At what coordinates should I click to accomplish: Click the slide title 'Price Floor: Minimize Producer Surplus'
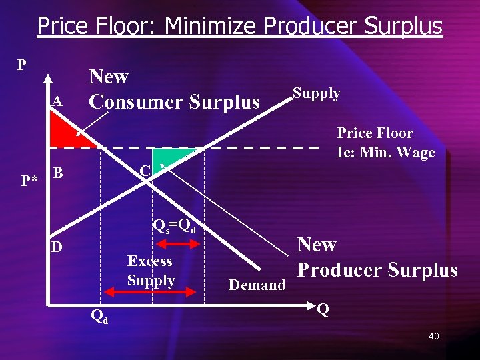pos(240,26)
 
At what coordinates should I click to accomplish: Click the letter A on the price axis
pos(58,102)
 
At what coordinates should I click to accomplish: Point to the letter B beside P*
pos(58,173)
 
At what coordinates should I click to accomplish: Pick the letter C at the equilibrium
pos(145,171)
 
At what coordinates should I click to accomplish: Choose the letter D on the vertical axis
pos(57,247)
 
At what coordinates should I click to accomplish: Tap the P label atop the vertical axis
pos(22,65)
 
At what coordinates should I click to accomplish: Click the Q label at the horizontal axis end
pos(323,309)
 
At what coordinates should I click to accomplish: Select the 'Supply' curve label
pos(317,93)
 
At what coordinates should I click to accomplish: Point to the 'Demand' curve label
pos(257,285)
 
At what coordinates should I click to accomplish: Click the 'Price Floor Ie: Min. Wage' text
pos(385,143)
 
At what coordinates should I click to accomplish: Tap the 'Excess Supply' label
pos(151,271)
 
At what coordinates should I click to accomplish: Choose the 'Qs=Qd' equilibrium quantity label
pos(174,225)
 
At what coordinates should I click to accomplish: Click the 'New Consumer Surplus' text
pos(174,89)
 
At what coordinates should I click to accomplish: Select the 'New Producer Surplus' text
pos(377,257)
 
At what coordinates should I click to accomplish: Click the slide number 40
pos(433,336)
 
